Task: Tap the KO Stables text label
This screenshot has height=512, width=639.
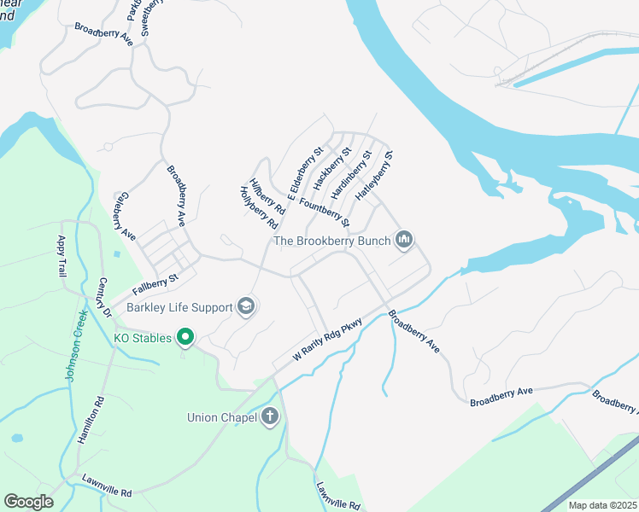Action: click(x=144, y=339)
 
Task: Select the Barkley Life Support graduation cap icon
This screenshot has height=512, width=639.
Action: click(x=246, y=306)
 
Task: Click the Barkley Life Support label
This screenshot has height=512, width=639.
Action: click(x=180, y=307)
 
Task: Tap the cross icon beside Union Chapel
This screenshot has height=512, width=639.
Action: click(x=269, y=417)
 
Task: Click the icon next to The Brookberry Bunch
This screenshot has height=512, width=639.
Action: click(x=404, y=241)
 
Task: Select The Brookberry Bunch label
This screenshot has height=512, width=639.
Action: click(x=332, y=241)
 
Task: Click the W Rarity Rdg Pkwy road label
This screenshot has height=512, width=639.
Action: click(x=328, y=340)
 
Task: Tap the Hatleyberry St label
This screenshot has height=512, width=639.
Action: click(x=373, y=177)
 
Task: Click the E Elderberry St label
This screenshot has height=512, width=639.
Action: click(x=305, y=174)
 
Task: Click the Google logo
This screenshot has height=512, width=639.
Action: click(x=28, y=502)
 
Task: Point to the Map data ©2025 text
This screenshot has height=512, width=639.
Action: click(x=601, y=506)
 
